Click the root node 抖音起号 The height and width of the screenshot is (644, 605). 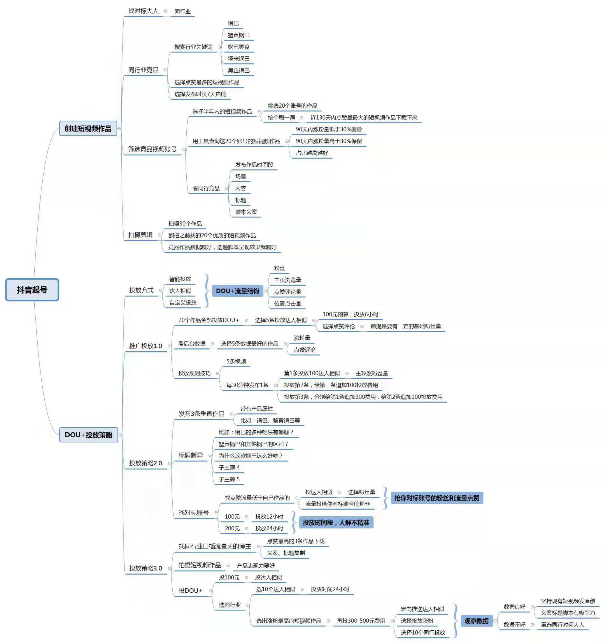[32, 290]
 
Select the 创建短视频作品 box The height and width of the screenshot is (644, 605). [88, 129]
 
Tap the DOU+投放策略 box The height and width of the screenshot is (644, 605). [89, 435]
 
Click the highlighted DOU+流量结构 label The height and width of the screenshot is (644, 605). [237, 291]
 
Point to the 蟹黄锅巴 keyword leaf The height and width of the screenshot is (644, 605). [238, 35]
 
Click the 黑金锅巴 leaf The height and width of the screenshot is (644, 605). [238, 70]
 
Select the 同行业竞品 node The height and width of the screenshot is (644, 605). [143, 70]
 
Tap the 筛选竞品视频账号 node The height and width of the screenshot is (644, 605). [152, 149]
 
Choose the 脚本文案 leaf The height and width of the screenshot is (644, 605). [246, 212]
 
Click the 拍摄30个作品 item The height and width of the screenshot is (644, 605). [185, 224]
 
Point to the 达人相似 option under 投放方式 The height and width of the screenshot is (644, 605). [180, 291]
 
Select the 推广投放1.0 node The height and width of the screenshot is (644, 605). [145, 346]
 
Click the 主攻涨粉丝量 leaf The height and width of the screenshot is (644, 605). [372, 373]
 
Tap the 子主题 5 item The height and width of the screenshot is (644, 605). [229, 479]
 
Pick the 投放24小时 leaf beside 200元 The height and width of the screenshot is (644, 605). [269, 528]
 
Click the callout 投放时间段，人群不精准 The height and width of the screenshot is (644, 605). [336, 523]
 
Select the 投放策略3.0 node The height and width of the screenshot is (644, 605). [145, 568]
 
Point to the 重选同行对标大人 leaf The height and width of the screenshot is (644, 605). [562, 624]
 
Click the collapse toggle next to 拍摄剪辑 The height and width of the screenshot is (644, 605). [160, 235]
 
